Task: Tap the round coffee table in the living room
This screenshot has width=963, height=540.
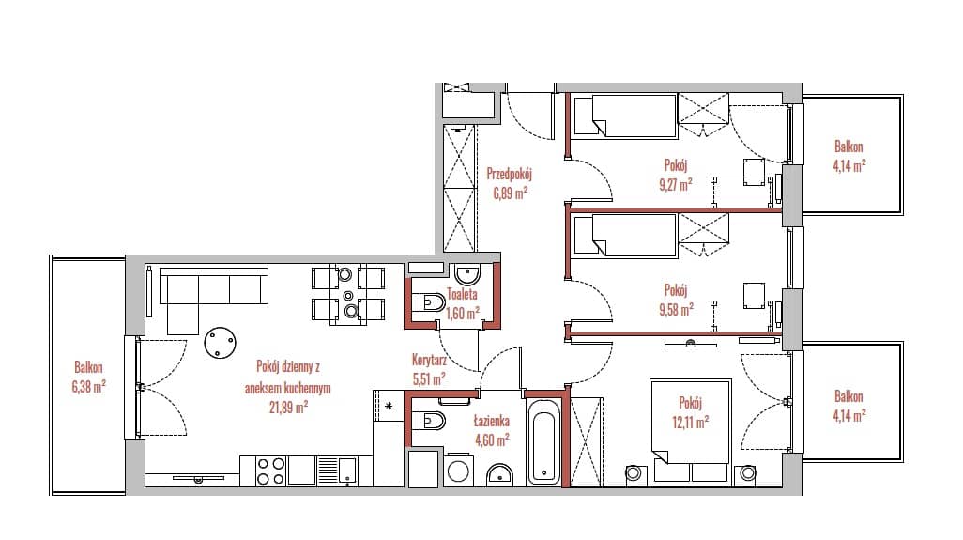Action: coord(220,342)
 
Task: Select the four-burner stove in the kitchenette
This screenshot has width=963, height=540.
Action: coord(271,471)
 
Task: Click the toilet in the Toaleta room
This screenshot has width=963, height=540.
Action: coord(429,302)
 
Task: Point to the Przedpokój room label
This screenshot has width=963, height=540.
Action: coord(509,174)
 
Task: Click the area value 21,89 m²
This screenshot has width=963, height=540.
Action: coord(288,407)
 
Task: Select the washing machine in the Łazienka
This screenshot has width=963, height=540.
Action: coord(457,470)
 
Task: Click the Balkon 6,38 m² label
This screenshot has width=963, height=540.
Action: coord(88,377)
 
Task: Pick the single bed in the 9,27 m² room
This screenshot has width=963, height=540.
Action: coord(625,115)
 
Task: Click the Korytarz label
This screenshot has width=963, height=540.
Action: coord(429,361)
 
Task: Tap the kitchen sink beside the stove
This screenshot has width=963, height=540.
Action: coord(339,471)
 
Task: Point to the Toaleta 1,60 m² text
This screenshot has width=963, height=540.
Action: coord(463,303)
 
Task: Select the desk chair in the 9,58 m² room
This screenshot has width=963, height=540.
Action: coord(755,295)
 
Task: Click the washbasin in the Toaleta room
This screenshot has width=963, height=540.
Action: coord(467,272)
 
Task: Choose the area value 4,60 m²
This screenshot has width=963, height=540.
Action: coord(492,440)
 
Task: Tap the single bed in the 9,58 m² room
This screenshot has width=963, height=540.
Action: coord(625,234)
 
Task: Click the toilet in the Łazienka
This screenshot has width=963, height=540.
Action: coord(429,420)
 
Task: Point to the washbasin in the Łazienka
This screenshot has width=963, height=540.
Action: coord(501,474)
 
